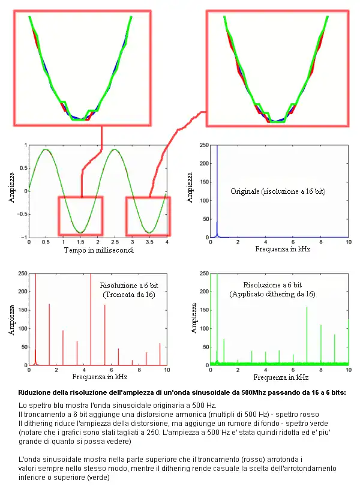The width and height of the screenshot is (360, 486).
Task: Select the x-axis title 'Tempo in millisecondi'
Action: point(98,250)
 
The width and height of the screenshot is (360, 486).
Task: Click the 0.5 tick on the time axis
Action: point(46,242)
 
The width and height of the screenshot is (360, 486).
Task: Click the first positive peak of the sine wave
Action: point(46,149)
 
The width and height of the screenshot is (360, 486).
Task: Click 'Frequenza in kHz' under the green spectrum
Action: point(278,377)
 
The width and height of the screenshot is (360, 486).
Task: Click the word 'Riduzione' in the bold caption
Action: point(35,392)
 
